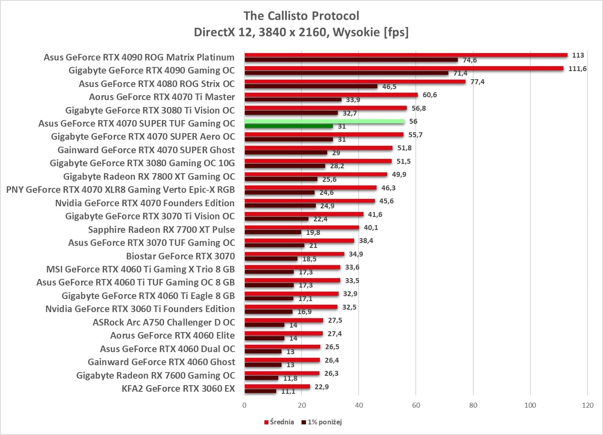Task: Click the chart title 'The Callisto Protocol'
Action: (301, 16)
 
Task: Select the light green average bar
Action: (324, 121)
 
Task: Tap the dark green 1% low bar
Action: (288, 126)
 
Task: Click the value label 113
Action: (578, 55)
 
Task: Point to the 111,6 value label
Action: (577, 69)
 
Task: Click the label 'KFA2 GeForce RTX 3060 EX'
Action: (178, 388)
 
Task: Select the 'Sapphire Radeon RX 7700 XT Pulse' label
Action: (161, 230)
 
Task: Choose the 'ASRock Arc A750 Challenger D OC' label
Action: (164, 322)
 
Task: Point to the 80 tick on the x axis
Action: (473, 405)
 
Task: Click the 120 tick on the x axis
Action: (587, 405)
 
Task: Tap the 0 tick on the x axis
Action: (244, 405)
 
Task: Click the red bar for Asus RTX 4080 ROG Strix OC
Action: (355, 82)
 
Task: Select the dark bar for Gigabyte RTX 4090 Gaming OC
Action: (346, 73)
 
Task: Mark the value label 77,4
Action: (477, 82)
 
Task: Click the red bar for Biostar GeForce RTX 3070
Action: (294, 254)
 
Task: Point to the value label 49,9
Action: (399, 174)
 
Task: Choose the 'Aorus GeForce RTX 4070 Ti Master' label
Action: (162, 97)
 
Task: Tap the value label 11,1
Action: (288, 391)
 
